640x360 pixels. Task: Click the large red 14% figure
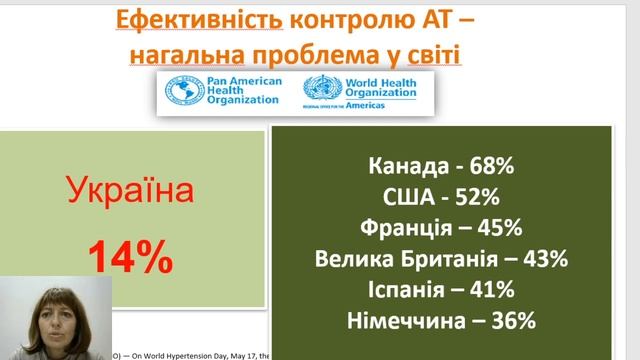point(129,257)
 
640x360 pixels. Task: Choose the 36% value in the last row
point(514,321)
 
